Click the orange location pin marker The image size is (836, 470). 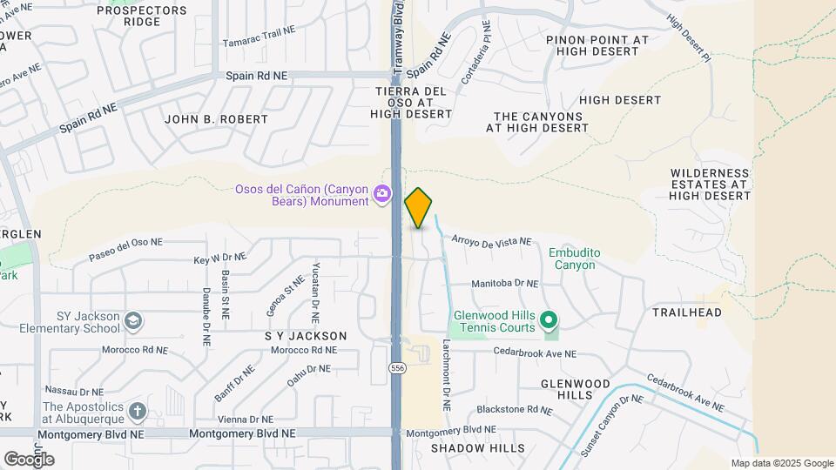[x=418, y=207]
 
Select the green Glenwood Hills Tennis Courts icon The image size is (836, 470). [x=549, y=321]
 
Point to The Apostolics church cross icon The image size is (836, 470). [x=137, y=411]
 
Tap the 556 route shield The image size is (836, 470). [x=398, y=368]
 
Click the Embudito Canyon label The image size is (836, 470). [x=574, y=258]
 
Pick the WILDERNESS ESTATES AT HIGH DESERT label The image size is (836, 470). [x=710, y=185]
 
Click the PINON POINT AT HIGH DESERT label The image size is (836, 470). [x=597, y=46]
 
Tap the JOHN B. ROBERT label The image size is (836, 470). [x=216, y=118]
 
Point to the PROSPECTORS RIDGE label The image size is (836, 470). [x=142, y=16]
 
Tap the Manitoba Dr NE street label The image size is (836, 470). [x=504, y=284]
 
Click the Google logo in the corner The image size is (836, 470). [x=29, y=459]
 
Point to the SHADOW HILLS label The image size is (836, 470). [x=478, y=448]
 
